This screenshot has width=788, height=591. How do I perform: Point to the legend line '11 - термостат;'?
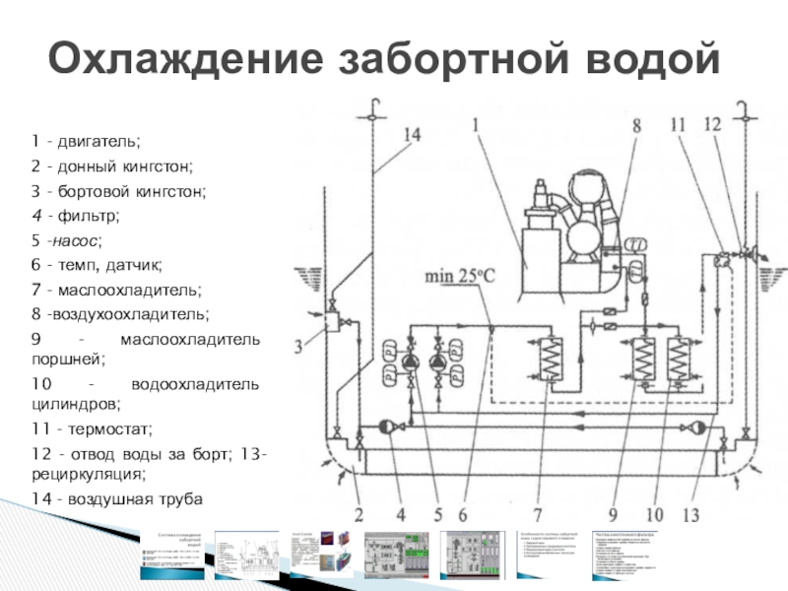click(94, 430)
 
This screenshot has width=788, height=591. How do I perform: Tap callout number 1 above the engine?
click(477, 126)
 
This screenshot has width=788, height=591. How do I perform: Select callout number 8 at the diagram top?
click(636, 126)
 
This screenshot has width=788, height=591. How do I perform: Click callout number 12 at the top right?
click(713, 125)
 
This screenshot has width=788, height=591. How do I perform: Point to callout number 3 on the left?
click(298, 346)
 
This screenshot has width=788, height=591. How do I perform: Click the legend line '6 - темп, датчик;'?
click(96, 266)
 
